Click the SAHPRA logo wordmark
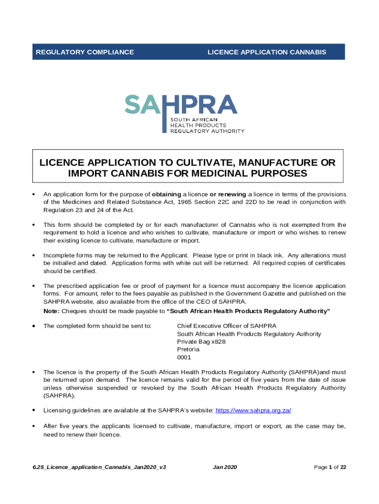pyautogui.click(x=181, y=104)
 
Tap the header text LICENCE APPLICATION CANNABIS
pyautogui.click(x=266, y=52)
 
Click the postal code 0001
pyautogui.click(x=184, y=357)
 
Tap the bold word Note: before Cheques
pyautogui.click(x=51, y=311)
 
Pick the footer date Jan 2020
pyautogui.click(x=225, y=467)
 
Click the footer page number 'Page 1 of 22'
pyautogui.click(x=330, y=467)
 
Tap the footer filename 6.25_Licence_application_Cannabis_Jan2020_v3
pyautogui.click(x=99, y=467)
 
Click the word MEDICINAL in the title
pyautogui.click(x=209, y=174)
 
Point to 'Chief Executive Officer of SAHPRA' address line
pyautogui.click(x=226, y=326)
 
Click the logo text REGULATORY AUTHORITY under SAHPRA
pyautogui.click(x=207, y=131)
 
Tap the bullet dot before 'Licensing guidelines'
pyautogui.click(x=33, y=410)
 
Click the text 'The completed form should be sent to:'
pyautogui.click(x=97, y=326)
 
